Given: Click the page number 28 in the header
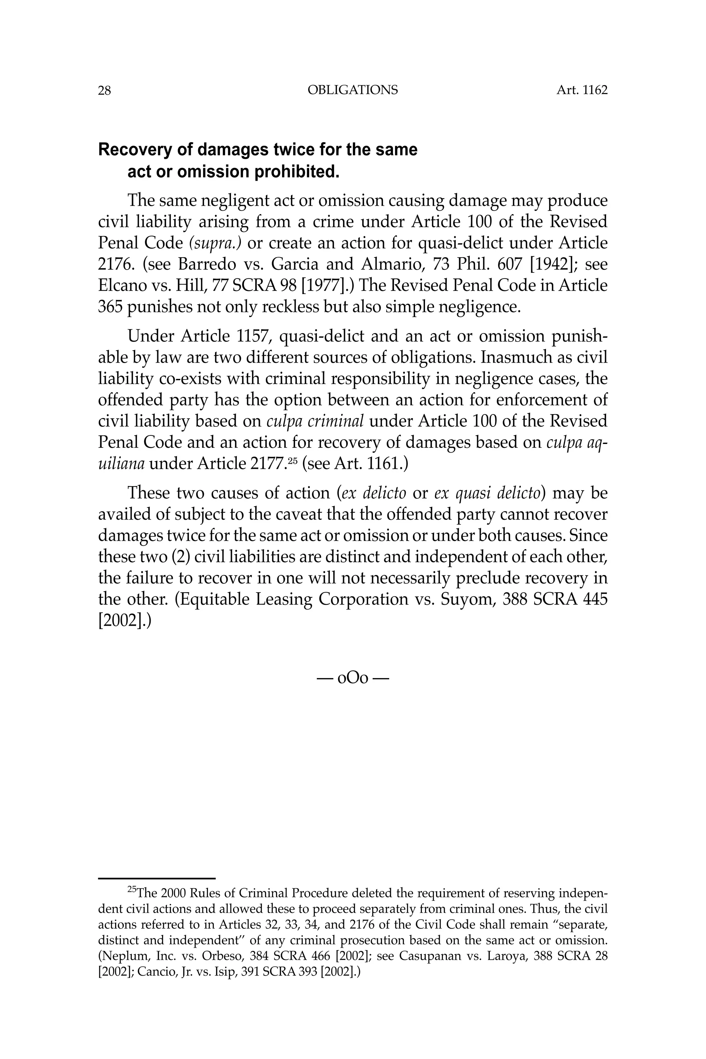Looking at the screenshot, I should point(104,91).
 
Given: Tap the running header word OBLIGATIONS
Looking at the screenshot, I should point(353,91).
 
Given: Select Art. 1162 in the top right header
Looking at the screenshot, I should point(582,91).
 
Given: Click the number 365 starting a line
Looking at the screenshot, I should point(110,307).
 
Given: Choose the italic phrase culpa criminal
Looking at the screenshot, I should point(315,422).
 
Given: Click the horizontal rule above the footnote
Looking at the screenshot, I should point(157,878).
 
